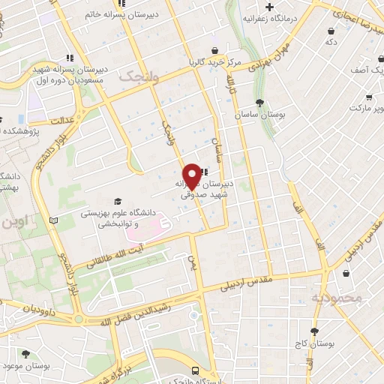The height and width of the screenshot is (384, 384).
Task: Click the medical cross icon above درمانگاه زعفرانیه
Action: coord(268,7)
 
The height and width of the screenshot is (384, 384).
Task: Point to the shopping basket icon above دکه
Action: coord(331,31)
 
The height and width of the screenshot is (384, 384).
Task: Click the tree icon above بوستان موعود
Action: coord(26,353)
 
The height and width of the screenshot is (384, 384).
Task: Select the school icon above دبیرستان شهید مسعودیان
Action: coord(70,57)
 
